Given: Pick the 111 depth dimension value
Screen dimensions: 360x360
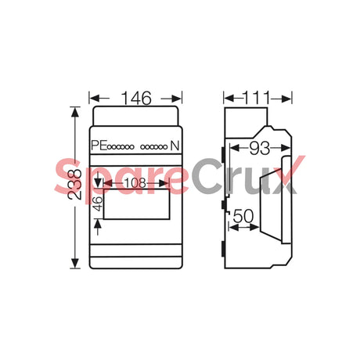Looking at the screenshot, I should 257,98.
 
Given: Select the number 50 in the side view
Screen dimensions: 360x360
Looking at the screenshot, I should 243,214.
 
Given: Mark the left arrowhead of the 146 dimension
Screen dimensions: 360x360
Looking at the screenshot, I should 92,99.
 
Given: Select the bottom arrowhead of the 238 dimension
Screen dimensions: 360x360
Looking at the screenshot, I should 74,264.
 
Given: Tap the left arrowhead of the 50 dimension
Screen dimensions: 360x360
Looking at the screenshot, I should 231,227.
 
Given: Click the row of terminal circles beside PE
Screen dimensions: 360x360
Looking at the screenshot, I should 123,146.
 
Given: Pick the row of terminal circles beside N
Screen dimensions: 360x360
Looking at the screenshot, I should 157,146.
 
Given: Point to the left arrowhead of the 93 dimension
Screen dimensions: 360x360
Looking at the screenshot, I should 232,147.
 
